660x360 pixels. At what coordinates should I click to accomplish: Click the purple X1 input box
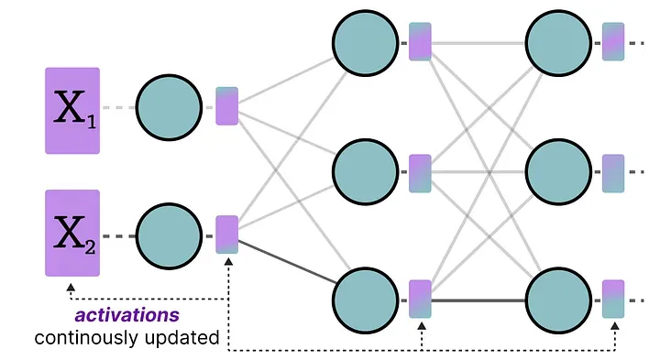pos(72,110)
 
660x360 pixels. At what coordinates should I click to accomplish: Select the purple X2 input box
pos(72,233)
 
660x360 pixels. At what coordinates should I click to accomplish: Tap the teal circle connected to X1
pos(170,108)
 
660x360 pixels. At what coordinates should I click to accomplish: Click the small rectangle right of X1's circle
pos(226,105)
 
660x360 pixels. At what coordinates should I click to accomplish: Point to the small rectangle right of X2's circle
pos(226,234)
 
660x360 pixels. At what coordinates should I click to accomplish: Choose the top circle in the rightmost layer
pos(558,42)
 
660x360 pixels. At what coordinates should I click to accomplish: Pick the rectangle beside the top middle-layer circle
pos(420,42)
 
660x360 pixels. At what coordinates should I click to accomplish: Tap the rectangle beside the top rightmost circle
pos(613,42)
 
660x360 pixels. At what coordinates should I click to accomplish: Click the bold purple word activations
pos(127,315)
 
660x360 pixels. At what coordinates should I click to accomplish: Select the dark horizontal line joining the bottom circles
pos(478,300)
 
